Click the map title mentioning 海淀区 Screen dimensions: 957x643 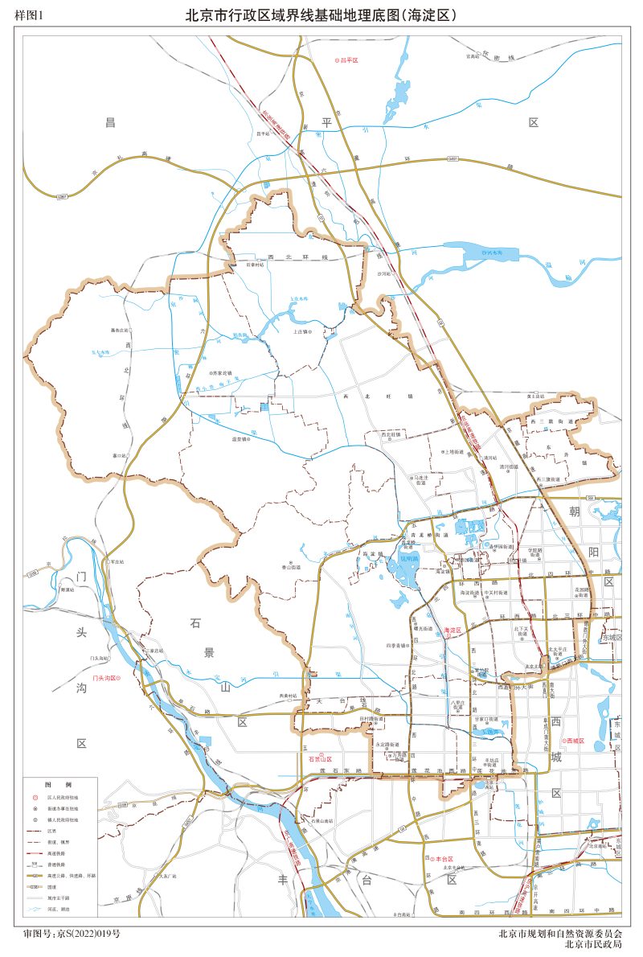[321, 14]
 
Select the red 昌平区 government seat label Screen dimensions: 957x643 [347, 60]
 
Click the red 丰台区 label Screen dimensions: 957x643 [443, 860]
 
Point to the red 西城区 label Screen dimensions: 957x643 [576, 740]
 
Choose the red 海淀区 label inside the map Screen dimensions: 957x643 [453, 630]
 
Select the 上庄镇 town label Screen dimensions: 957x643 [301, 331]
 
